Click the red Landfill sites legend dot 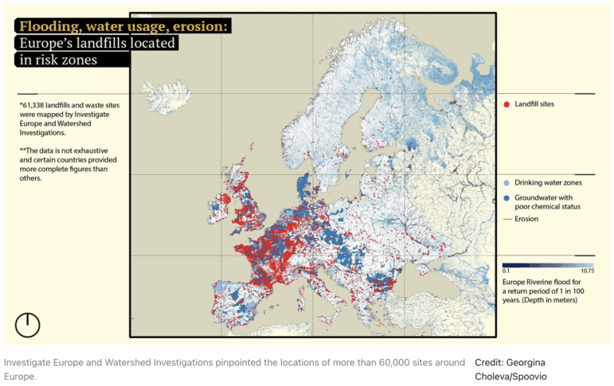point(506,104)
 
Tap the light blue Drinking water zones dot point(506,182)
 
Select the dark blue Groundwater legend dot point(506,197)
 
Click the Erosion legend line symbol point(506,218)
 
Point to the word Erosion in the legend point(527,218)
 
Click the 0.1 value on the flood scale point(506,271)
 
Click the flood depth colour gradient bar point(548,265)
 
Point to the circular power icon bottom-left point(28,324)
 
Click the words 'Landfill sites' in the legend point(534,104)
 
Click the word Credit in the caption point(489,362)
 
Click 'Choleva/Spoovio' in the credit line point(510,376)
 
